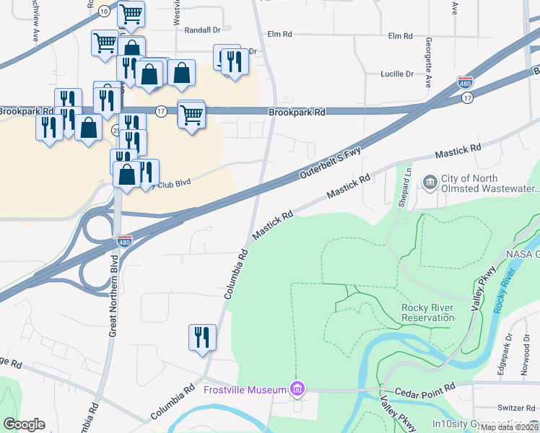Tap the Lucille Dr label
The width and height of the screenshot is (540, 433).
(x=397, y=74)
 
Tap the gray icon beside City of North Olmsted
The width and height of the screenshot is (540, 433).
(x=430, y=180)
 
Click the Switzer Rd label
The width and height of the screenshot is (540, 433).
(x=515, y=408)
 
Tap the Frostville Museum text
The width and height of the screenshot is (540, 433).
(x=245, y=390)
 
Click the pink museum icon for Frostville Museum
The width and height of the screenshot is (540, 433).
(x=296, y=390)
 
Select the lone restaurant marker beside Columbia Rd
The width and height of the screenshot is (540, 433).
(x=202, y=337)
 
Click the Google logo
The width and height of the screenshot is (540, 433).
(x=25, y=424)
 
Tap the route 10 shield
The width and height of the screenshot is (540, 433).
(x=105, y=11)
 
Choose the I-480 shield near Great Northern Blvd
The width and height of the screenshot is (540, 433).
(x=124, y=240)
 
